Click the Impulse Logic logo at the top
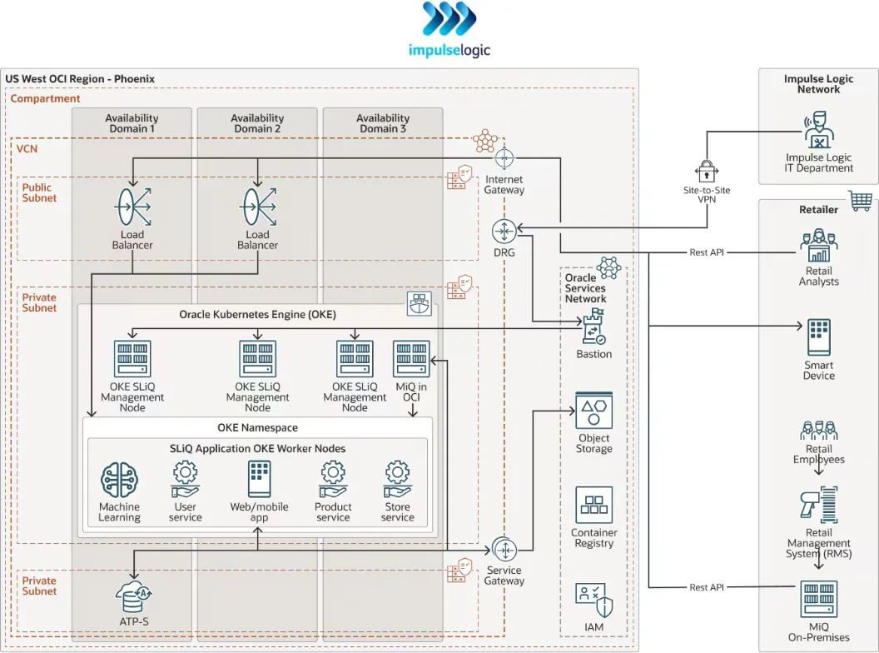tap(449, 19)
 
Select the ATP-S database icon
tap(133, 595)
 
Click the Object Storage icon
tap(593, 412)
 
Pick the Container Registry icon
tap(593, 506)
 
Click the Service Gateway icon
tap(504, 550)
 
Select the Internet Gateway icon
tap(504, 158)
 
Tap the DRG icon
tap(504, 231)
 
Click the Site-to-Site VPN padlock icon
tap(706, 172)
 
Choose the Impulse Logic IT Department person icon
tap(819, 132)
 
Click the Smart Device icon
tap(819, 337)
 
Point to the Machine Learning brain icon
tap(119, 481)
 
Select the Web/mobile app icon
tap(259, 480)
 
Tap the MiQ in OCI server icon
tap(411, 360)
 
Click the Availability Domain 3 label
tap(383, 123)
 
